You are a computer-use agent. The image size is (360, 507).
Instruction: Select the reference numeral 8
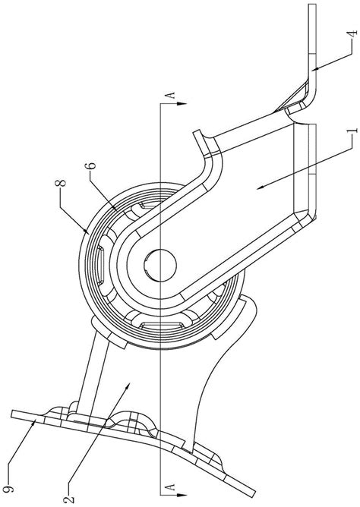pyautogui.click(x=61, y=183)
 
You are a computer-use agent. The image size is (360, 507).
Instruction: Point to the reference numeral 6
pyautogui.click(x=92, y=166)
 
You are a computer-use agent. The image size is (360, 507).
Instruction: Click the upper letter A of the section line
pyautogui.click(x=171, y=95)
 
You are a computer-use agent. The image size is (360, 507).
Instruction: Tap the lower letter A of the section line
pyautogui.click(x=171, y=486)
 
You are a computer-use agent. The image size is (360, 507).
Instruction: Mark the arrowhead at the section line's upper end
pyautogui.click(x=182, y=104)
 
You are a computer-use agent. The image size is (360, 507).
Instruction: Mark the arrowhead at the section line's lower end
pyautogui.click(x=182, y=495)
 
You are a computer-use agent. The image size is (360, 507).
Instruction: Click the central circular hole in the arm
pyautogui.click(x=160, y=264)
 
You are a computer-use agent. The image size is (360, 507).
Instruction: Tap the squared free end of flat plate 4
pyautogui.click(x=312, y=5)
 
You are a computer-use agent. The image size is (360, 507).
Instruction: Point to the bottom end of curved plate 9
pyautogui.click(x=252, y=496)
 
